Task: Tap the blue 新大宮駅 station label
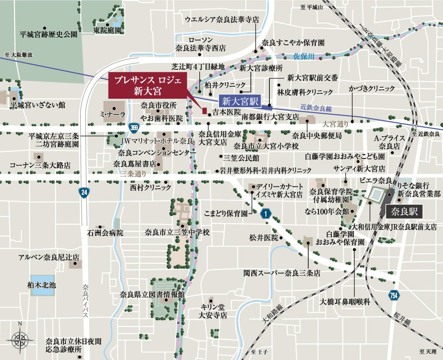(x=241, y=100)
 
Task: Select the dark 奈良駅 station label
(x=404, y=211)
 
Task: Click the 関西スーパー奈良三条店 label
(x=281, y=274)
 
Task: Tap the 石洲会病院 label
(x=105, y=232)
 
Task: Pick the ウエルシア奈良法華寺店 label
(x=222, y=20)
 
